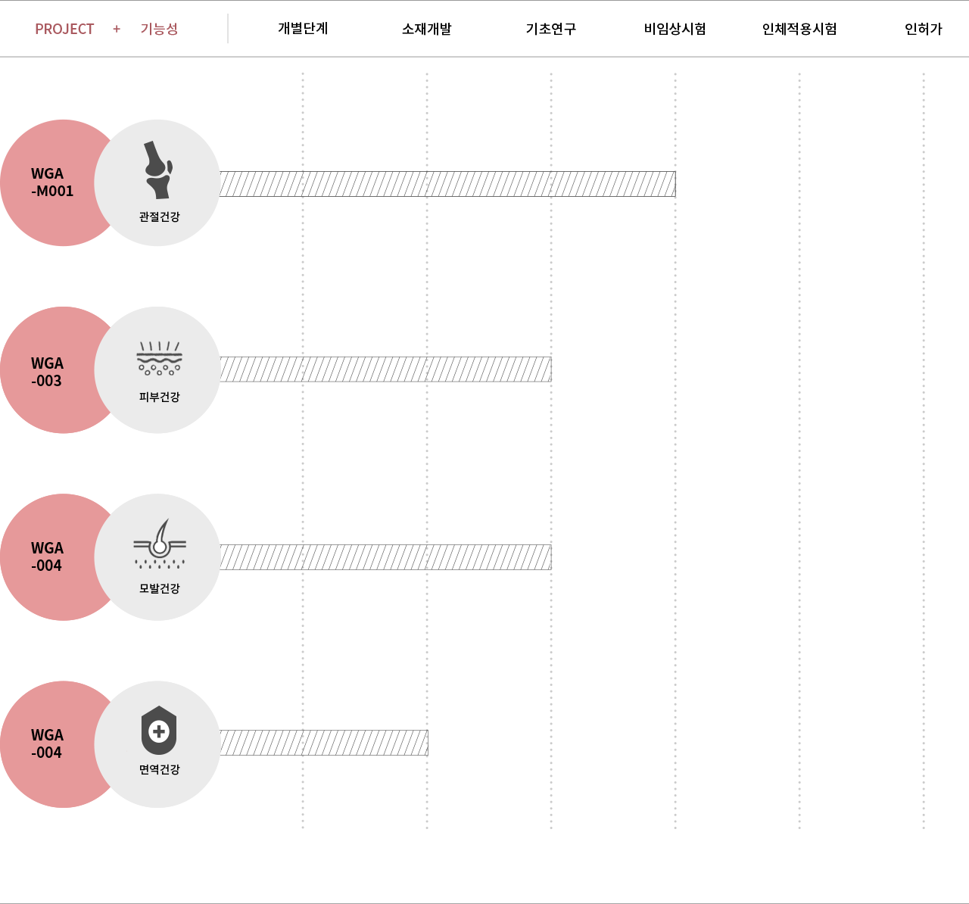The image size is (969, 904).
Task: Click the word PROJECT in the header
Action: [x=64, y=30]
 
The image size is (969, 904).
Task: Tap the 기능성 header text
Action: [x=159, y=29]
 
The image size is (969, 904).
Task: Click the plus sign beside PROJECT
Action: [x=117, y=30]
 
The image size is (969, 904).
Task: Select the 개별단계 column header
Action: [x=303, y=28]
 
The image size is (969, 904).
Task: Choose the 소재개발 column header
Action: [x=427, y=29]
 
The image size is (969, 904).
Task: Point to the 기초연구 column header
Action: [x=551, y=29]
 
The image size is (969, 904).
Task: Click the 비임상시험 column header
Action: [x=675, y=29]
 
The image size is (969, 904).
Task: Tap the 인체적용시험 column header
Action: [x=799, y=29]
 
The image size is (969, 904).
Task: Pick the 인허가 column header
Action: [x=923, y=29]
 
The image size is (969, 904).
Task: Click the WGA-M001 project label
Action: [x=51, y=182]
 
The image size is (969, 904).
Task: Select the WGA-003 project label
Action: [x=47, y=372]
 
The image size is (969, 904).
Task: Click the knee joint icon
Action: [x=158, y=170]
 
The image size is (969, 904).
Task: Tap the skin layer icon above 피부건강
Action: [x=159, y=358]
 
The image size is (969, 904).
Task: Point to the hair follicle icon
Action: [x=160, y=544]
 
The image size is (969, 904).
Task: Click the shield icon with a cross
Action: [x=159, y=730]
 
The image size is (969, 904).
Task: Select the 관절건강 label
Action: [x=160, y=217]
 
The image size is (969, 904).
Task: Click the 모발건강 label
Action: [x=160, y=588]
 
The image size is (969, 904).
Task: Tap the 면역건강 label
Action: [x=160, y=769]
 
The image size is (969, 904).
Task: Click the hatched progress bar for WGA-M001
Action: [x=447, y=184]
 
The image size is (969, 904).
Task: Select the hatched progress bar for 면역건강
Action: [x=323, y=743]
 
